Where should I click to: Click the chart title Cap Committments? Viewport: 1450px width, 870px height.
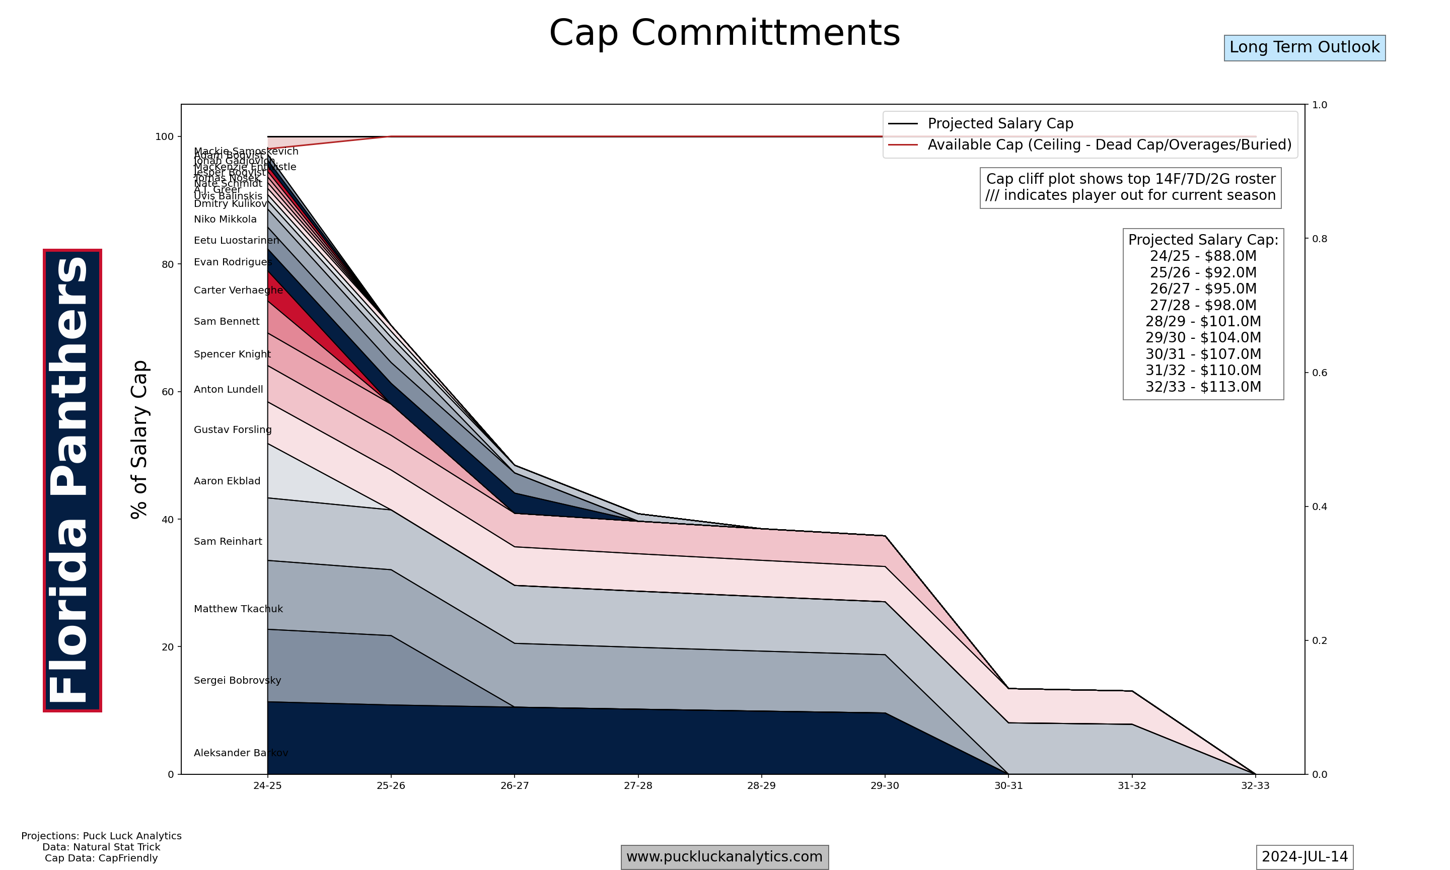pos(724,33)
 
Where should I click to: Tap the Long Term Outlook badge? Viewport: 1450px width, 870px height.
pos(1304,47)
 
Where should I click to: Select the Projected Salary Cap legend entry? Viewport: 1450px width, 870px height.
pos(1000,124)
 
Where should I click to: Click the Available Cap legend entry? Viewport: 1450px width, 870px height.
pos(1109,145)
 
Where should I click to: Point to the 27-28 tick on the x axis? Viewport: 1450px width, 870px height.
pos(638,785)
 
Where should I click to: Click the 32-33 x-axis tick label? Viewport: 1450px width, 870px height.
pos(1255,785)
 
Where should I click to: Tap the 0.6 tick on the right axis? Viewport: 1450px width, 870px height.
pos(1319,373)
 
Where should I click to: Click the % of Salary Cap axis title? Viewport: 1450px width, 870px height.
pos(139,440)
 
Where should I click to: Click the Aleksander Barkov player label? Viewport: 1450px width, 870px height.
pos(240,753)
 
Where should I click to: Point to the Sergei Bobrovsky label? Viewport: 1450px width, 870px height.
pos(237,681)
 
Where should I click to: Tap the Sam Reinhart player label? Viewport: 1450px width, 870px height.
pos(228,542)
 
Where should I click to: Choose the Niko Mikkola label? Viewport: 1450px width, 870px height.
pos(225,219)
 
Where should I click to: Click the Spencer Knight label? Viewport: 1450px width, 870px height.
pos(232,354)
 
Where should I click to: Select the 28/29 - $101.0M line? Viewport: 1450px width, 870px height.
pos(1203,321)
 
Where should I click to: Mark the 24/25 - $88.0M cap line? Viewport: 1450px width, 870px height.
pos(1203,256)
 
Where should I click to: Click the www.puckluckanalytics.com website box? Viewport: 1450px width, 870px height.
pos(724,856)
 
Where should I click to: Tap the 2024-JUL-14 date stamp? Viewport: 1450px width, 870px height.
pos(1304,856)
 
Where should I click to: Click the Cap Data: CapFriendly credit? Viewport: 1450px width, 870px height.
pos(101,858)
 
